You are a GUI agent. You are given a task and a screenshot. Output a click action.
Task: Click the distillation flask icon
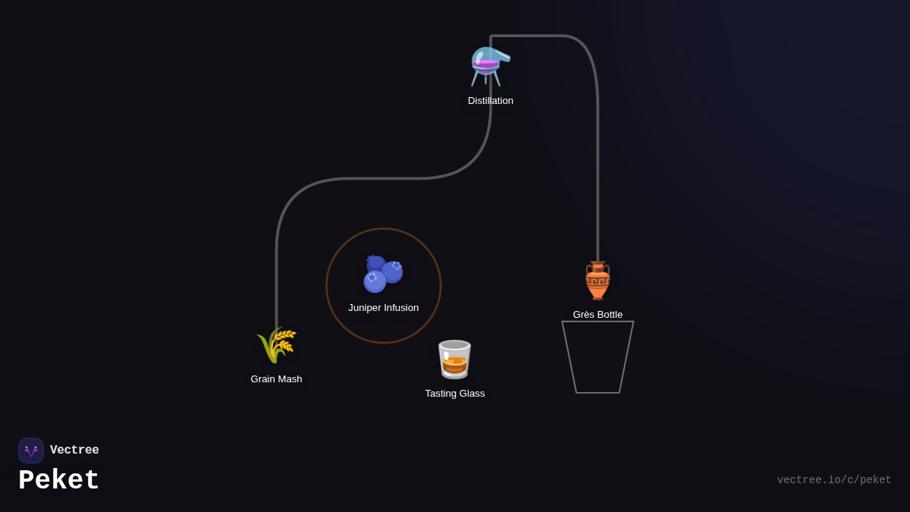click(x=490, y=66)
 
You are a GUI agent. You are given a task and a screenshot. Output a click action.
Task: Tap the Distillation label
click(x=491, y=101)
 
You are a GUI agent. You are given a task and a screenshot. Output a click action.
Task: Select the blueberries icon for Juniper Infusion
click(x=383, y=274)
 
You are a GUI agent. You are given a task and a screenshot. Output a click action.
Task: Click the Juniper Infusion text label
click(x=383, y=308)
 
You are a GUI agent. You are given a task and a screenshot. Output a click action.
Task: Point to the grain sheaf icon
click(x=276, y=345)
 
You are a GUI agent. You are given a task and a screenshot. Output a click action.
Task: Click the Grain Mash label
click(x=276, y=379)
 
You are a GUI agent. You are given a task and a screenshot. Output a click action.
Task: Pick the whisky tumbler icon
click(x=454, y=360)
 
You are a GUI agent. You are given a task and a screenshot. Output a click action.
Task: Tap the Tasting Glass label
click(x=455, y=394)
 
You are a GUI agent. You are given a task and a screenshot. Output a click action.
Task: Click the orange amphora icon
click(x=598, y=281)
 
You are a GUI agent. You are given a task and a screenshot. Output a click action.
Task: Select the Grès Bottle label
click(x=598, y=315)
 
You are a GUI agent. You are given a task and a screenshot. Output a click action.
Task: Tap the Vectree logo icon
click(x=31, y=451)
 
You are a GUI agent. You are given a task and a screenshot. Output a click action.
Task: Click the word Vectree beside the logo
click(x=74, y=451)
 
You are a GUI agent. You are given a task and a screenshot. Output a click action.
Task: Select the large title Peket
click(x=59, y=481)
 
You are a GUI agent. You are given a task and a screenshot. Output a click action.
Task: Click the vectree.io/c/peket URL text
click(x=834, y=480)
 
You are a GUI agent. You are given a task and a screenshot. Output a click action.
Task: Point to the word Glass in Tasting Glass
click(x=470, y=394)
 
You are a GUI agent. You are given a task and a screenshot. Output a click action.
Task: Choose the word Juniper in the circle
click(x=365, y=308)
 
